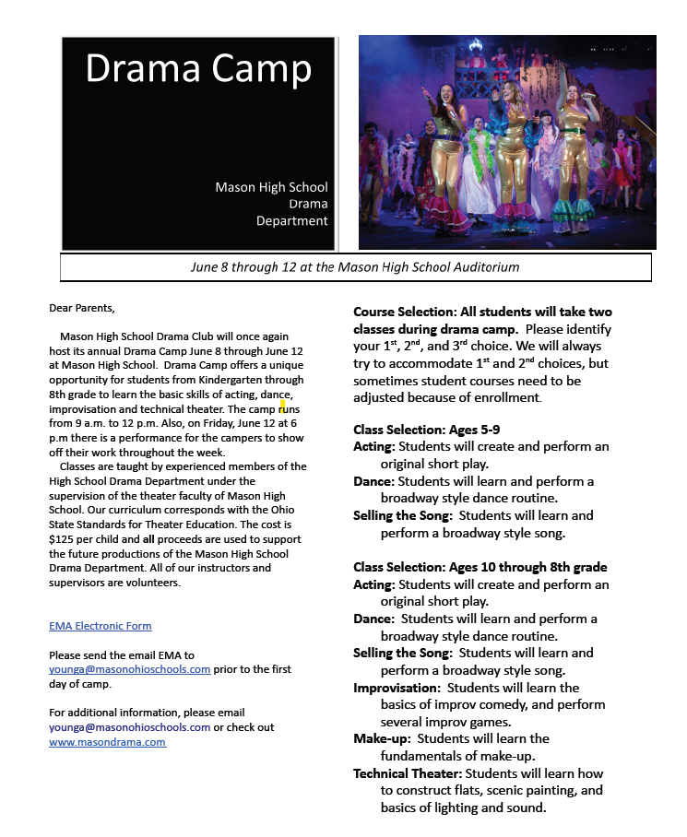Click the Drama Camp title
(x=198, y=68)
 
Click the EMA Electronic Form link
(x=100, y=626)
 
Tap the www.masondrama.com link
(x=107, y=741)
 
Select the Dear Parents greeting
(x=82, y=308)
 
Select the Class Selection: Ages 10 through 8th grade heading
(x=480, y=567)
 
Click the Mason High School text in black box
(x=271, y=187)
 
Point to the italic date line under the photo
(x=355, y=267)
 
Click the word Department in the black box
(x=291, y=221)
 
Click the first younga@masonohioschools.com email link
(x=129, y=668)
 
